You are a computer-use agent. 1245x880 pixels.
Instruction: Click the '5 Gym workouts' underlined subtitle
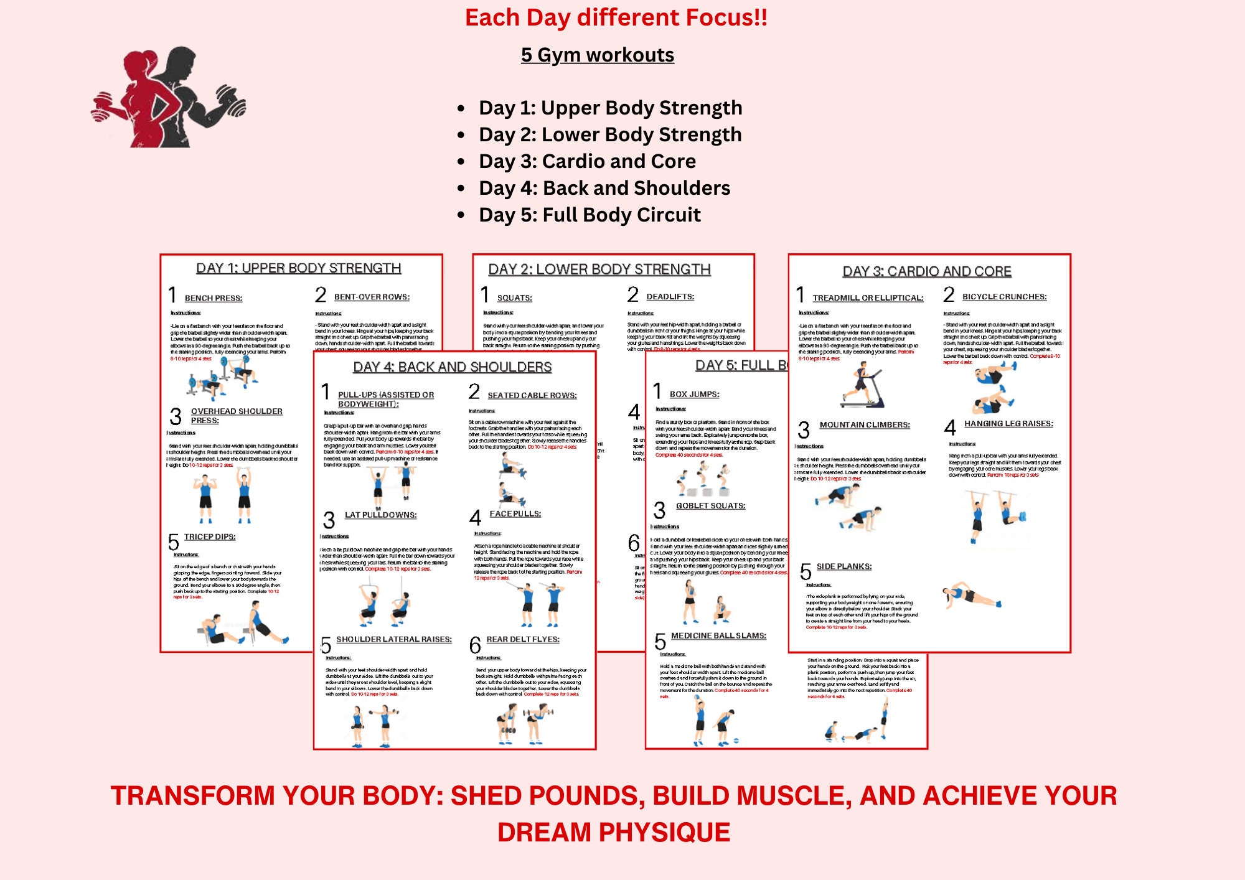click(597, 55)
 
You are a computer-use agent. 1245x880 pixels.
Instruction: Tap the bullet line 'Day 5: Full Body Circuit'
click(590, 215)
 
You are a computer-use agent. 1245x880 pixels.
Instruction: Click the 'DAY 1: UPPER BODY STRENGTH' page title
click(298, 268)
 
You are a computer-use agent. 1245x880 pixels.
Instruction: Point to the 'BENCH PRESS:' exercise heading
click(214, 298)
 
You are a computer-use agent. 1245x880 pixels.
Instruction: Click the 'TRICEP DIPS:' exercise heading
click(210, 536)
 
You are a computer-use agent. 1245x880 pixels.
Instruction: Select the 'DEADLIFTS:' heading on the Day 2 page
click(670, 297)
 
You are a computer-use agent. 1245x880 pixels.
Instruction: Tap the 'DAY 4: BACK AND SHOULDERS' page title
click(453, 367)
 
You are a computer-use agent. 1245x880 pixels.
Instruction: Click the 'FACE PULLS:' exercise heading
click(515, 514)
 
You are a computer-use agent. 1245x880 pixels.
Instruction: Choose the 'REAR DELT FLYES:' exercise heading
click(523, 639)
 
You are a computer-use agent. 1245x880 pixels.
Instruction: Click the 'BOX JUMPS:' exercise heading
click(694, 395)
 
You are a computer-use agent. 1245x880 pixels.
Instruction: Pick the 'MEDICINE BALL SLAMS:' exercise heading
click(718, 635)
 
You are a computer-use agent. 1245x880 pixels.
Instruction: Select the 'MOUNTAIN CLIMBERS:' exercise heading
click(864, 425)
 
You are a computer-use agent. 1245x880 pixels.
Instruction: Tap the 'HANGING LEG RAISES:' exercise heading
click(1008, 424)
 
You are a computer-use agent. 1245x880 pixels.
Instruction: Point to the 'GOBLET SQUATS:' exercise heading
click(710, 506)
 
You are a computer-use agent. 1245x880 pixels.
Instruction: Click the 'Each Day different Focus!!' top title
click(616, 17)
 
